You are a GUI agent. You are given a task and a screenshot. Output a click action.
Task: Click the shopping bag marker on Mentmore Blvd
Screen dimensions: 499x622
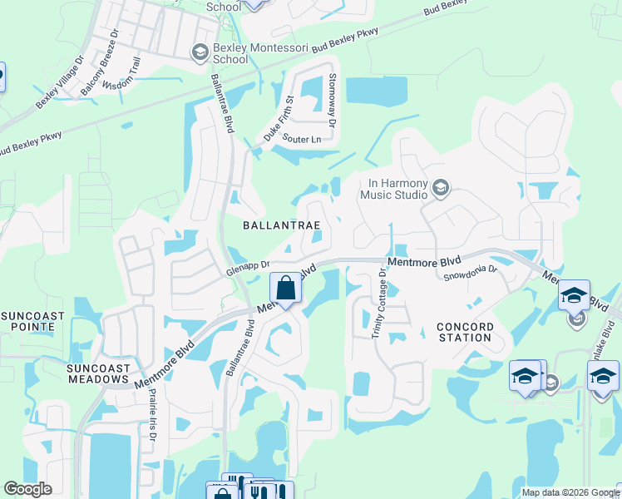pos(285,289)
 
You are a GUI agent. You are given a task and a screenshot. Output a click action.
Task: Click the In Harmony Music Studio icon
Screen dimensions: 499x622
pos(441,190)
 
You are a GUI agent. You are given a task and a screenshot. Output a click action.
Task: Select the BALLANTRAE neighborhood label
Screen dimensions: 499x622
pos(281,225)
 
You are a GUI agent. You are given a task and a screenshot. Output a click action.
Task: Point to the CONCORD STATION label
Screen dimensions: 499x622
pos(464,332)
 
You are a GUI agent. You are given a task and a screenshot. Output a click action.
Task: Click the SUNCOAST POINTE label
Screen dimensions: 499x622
pos(27,321)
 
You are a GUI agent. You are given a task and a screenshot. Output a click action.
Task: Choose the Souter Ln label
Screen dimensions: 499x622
pos(301,138)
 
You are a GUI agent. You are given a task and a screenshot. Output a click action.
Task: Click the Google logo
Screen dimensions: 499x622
pos(28,489)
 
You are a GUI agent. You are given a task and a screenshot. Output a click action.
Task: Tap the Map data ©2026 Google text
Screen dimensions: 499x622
pos(570,492)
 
